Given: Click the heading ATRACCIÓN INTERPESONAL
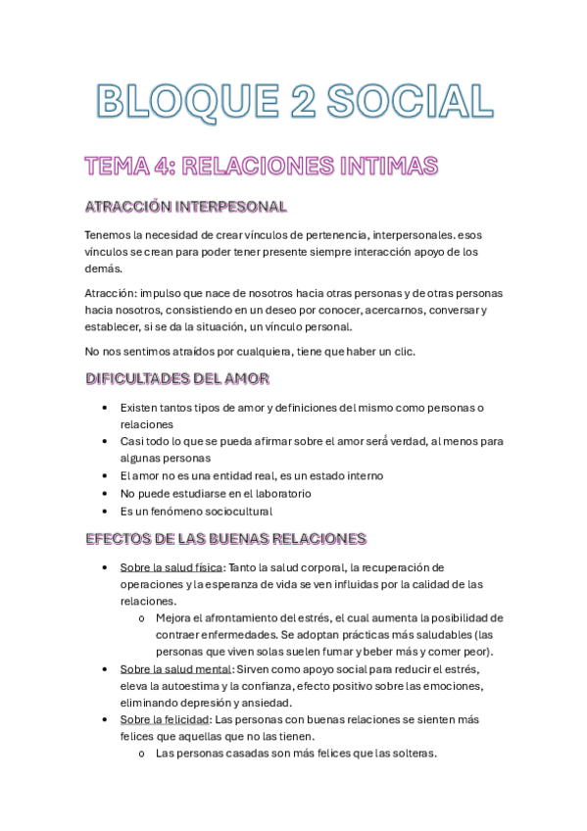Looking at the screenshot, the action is coord(186,207).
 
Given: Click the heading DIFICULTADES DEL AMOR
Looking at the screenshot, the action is coord(178,378).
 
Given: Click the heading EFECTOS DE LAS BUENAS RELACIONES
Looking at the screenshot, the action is coord(225,538).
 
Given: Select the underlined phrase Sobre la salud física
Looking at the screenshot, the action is coord(172,567).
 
